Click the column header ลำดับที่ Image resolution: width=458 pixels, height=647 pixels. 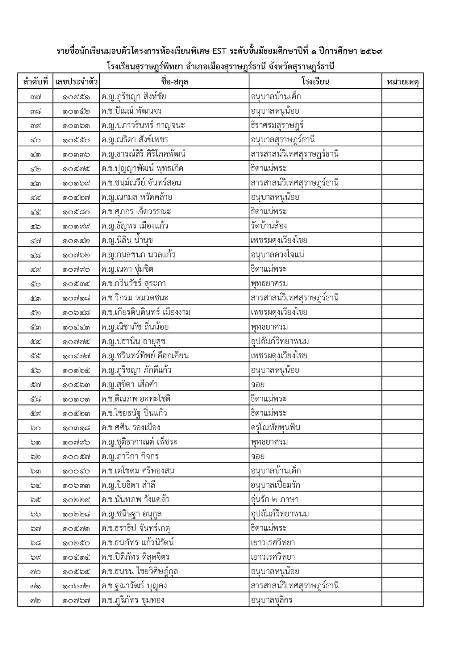pos(35,82)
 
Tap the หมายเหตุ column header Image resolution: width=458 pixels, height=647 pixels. pos(402,82)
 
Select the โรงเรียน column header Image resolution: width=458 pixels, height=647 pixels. pos(315,82)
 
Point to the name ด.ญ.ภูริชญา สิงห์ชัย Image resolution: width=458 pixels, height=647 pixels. pos(134,97)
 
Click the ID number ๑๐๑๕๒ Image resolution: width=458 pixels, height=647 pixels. pos(76,111)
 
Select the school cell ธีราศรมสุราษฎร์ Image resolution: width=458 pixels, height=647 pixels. pos(277,125)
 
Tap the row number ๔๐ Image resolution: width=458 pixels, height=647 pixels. pos(35,140)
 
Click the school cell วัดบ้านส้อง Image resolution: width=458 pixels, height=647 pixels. pos(269,226)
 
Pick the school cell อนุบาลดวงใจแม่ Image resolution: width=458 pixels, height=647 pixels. pos(278,255)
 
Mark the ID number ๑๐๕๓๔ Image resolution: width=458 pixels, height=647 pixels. pos(76,284)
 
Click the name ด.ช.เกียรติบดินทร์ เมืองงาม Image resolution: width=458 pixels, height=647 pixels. pos(146,313)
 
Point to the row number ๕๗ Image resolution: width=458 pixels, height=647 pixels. pos(35,385)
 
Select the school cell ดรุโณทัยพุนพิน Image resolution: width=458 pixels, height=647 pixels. pos(275,428)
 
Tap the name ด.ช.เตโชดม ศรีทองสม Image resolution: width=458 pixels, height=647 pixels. pos(138,471)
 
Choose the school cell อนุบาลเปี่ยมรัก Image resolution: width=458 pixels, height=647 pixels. pos(275,485)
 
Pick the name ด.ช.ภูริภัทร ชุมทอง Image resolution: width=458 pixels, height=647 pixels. pos(133,600)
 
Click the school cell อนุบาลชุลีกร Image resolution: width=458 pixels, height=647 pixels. pos(271,600)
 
